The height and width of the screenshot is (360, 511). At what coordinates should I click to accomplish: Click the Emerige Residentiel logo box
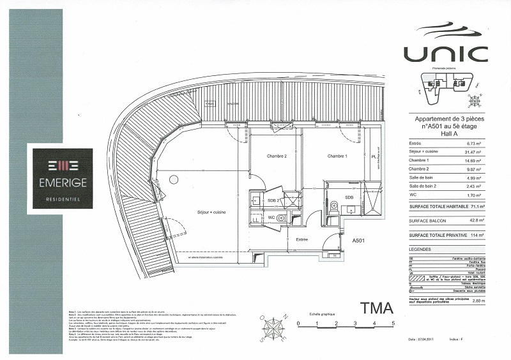(x=63, y=179)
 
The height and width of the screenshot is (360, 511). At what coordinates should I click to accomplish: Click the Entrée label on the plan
(x=301, y=240)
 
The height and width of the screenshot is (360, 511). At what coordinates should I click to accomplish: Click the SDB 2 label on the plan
(x=272, y=202)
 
